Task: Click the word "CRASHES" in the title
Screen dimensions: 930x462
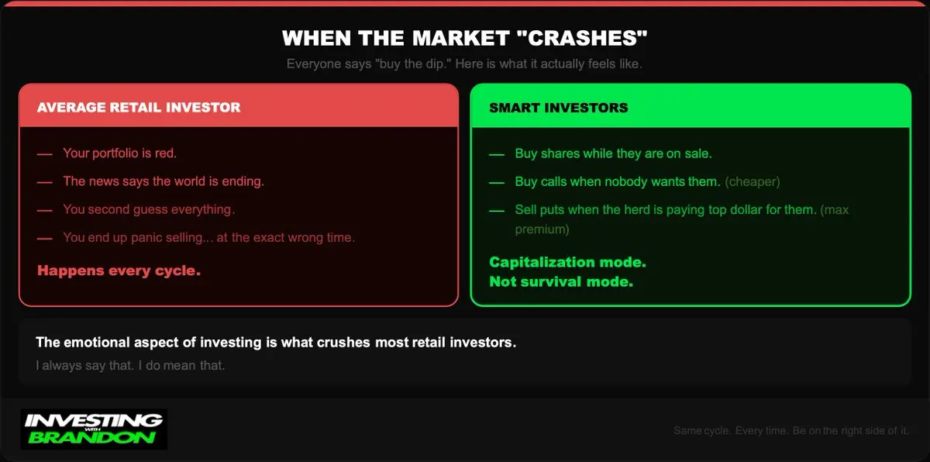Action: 582,38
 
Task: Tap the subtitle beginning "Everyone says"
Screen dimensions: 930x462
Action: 464,64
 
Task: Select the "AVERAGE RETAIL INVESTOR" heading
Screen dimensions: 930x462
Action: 139,108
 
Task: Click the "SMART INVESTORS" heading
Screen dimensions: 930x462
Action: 559,108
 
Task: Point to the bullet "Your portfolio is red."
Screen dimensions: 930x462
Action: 120,153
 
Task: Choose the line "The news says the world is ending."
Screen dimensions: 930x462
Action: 164,181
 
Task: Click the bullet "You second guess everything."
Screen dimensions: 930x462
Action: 149,209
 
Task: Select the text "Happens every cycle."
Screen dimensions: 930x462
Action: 119,271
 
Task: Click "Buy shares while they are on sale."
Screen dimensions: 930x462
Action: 613,153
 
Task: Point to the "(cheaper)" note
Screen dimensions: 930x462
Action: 753,182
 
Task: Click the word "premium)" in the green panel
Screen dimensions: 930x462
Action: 542,229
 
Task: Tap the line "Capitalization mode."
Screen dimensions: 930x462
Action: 567,262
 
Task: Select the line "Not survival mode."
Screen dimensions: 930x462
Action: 561,282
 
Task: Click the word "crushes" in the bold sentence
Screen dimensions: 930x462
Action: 343,343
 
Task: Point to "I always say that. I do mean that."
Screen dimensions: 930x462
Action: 130,365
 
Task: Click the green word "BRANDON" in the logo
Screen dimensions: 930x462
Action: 92,437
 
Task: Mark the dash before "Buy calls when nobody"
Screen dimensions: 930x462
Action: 497,182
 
